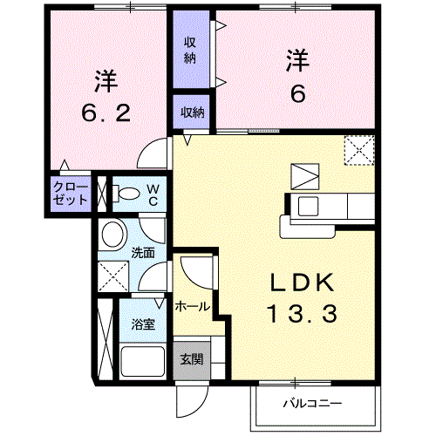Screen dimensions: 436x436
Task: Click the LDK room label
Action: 302,283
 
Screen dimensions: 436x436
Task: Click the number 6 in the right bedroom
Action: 297,92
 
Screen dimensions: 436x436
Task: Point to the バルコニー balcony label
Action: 311,403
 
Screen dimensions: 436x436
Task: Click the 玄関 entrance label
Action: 191,358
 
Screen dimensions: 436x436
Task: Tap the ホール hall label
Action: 192,307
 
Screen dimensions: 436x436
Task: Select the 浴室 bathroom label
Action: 144,324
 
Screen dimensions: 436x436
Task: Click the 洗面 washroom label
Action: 143,253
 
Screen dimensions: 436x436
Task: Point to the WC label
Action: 151,194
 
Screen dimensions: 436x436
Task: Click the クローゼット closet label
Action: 71,193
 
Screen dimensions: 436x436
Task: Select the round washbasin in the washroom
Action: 112,234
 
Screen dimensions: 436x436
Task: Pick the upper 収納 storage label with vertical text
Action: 190,50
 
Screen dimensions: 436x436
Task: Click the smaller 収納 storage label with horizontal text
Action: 193,112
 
